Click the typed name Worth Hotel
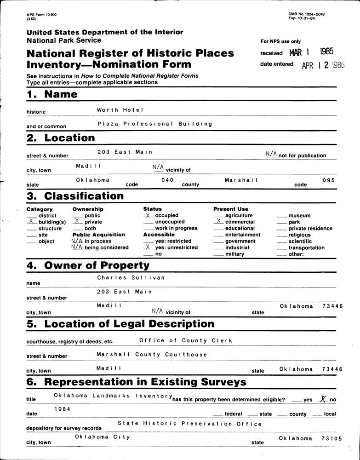pyautogui.click(x=120, y=110)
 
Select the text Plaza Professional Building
pyautogui.click(x=155, y=124)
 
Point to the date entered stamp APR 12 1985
pyautogui.click(x=323, y=65)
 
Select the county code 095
pyautogui.click(x=328, y=180)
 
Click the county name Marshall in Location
pyautogui.click(x=241, y=180)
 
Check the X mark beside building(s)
pyautogui.click(x=31, y=221)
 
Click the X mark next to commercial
pyautogui.click(x=218, y=221)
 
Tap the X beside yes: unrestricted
pyautogui.click(x=148, y=247)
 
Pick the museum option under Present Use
pyautogui.click(x=299, y=215)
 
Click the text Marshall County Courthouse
pyautogui.click(x=152, y=355)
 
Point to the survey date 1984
pyautogui.click(x=62, y=408)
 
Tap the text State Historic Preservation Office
pyautogui.click(x=189, y=424)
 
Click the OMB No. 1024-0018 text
pyautogui.click(x=306, y=14)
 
